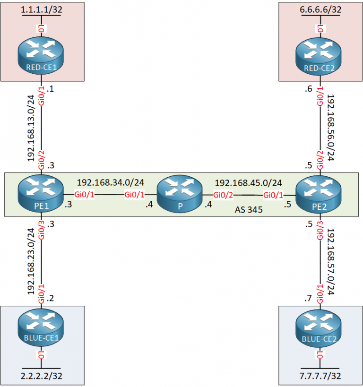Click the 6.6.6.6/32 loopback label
click(x=321, y=9)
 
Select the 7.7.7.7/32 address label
click(x=321, y=377)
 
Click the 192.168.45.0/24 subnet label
click(x=249, y=182)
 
